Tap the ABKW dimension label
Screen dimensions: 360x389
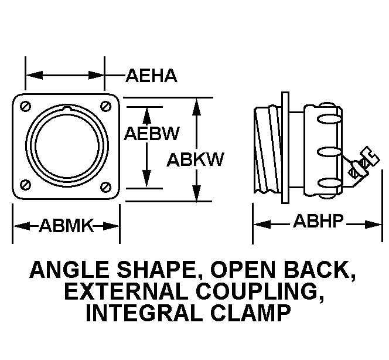[x=196, y=159]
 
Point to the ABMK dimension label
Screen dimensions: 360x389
[x=66, y=225]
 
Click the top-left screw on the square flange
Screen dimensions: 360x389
[x=25, y=106]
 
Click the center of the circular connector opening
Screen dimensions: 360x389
[x=65, y=146]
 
